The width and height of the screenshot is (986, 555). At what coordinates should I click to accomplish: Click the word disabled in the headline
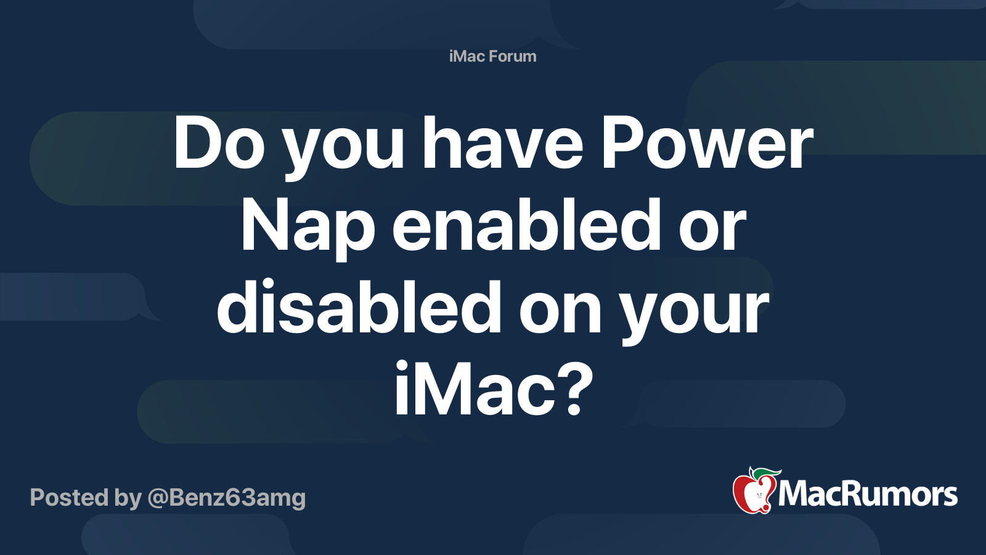(x=359, y=308)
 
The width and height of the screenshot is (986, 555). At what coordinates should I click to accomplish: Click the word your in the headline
(x=695, y=311)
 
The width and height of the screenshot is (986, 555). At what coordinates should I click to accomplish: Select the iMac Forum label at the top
(x=492, y=56)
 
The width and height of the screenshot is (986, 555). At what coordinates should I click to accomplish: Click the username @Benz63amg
(x=226, y=498)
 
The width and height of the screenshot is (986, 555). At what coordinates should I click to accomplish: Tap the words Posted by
(x=86, y=498)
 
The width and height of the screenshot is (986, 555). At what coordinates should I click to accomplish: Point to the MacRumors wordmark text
(x=868, y=495)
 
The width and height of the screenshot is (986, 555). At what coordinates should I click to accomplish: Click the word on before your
(x=560, y=309)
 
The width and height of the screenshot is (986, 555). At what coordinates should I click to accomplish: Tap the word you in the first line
(x=343, y=148)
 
